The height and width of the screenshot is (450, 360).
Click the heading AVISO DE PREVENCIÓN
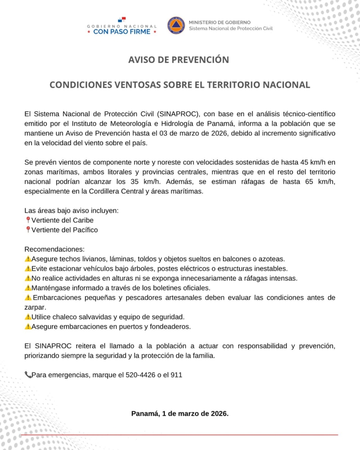tap(178, 60)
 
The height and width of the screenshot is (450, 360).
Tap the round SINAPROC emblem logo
tap(176, 25)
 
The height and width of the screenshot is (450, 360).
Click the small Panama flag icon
tap(121, 19)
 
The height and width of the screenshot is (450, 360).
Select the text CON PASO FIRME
tap(122, 31)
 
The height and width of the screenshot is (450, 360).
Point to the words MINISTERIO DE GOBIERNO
tap(219, 22)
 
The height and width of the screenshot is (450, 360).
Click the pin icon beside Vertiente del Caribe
tap(28, 220)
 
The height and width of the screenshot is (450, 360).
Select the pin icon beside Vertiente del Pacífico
tap(28, 230)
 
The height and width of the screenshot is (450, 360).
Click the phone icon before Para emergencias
tap(28, 374)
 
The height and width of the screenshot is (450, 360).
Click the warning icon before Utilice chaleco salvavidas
tap(28, 317)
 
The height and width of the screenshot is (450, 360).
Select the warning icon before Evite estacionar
tap(28, 268)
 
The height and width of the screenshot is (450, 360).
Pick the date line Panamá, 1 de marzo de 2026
tap(180, 413)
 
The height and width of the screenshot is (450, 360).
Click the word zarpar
tap(35, 307)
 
